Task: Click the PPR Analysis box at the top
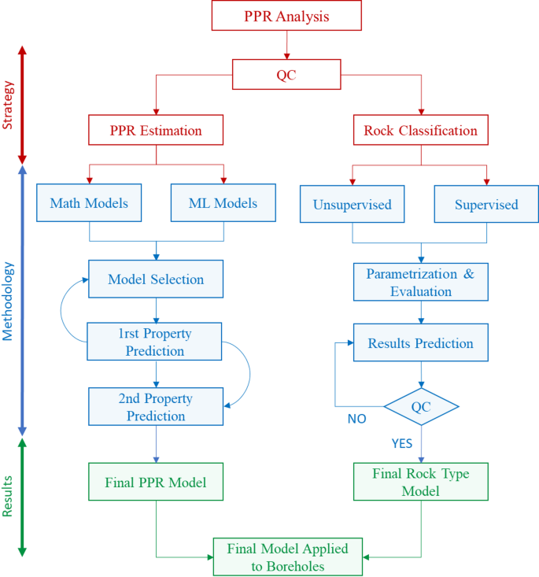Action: pos(286,16)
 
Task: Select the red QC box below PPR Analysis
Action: pos(286,75)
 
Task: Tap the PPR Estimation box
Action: pos(156,129)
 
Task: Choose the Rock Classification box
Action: pos(420,129)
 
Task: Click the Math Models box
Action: pos(89,203)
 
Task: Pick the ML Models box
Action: pos(223,203)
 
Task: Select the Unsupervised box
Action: pos(352,205)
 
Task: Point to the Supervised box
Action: pos(486,205)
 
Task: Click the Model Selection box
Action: pos(156,279)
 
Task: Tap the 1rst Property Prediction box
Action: pos(155,342)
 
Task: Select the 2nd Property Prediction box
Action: pos(157,407)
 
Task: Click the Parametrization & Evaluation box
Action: pos(420,283)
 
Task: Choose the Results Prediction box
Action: pos(420,343)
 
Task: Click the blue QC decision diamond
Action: pos(421,407)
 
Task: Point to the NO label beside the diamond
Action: pos(356,419)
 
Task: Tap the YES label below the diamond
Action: pos(402,443)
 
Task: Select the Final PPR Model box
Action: pos(156,482)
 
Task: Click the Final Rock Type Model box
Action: pos(420,482)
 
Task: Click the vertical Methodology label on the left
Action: pos(9,301)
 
